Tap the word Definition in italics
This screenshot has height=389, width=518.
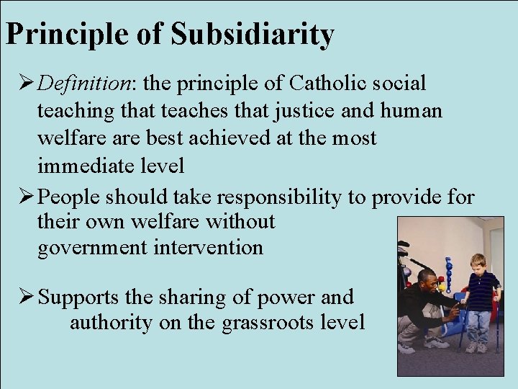pyautogui.click(x=83, y=84)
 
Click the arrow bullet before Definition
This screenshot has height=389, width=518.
pyautogui.click(x=21, y=84)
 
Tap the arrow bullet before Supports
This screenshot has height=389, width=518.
pyautogui.click(x=21, y=296)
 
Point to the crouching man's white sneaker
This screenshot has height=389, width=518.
pyautogui.click(x=407, y=348)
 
